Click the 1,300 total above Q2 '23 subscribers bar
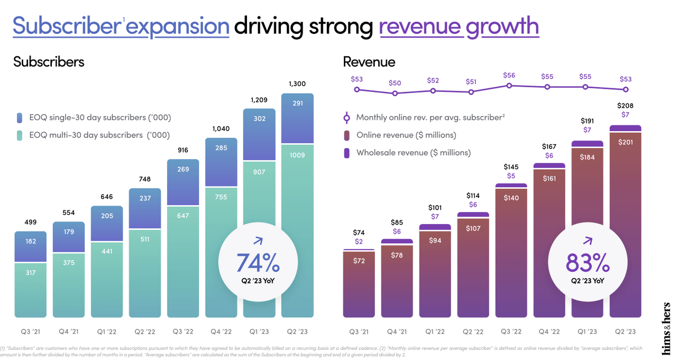[297, 84]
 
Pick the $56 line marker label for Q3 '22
[509, 76]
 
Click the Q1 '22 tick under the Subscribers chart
[106, 331]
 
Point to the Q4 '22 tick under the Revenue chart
[549, 331]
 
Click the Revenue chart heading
[369, 62]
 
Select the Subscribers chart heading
[49, 62]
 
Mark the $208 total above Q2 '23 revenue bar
[625, 105]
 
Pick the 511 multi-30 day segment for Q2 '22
[144, 239]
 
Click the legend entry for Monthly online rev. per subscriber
[429, 117]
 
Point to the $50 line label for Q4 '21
[395, 83]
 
